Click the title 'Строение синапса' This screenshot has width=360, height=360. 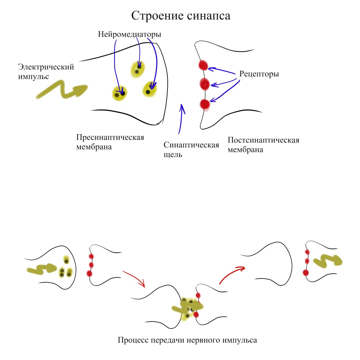[x=181, y=16]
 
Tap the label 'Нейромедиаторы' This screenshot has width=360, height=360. [x=129, y=34]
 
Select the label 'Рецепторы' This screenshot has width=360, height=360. [x=259, y=74]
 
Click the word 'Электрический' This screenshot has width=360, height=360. [x=46, y=67]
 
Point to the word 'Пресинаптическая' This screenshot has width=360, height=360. [x=110, y=137]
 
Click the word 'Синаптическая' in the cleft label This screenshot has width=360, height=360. [x=191, y=145]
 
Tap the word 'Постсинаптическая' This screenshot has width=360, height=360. [x=263, y=140]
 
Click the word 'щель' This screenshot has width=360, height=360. [x=173, y=155]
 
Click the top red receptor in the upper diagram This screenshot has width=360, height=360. [x=204, y=65]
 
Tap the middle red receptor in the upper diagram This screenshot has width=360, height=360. [x=204, y=84]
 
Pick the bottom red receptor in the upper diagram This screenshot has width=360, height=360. [x=204, y=104]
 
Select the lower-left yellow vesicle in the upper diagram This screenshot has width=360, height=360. [x=119, y=93]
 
